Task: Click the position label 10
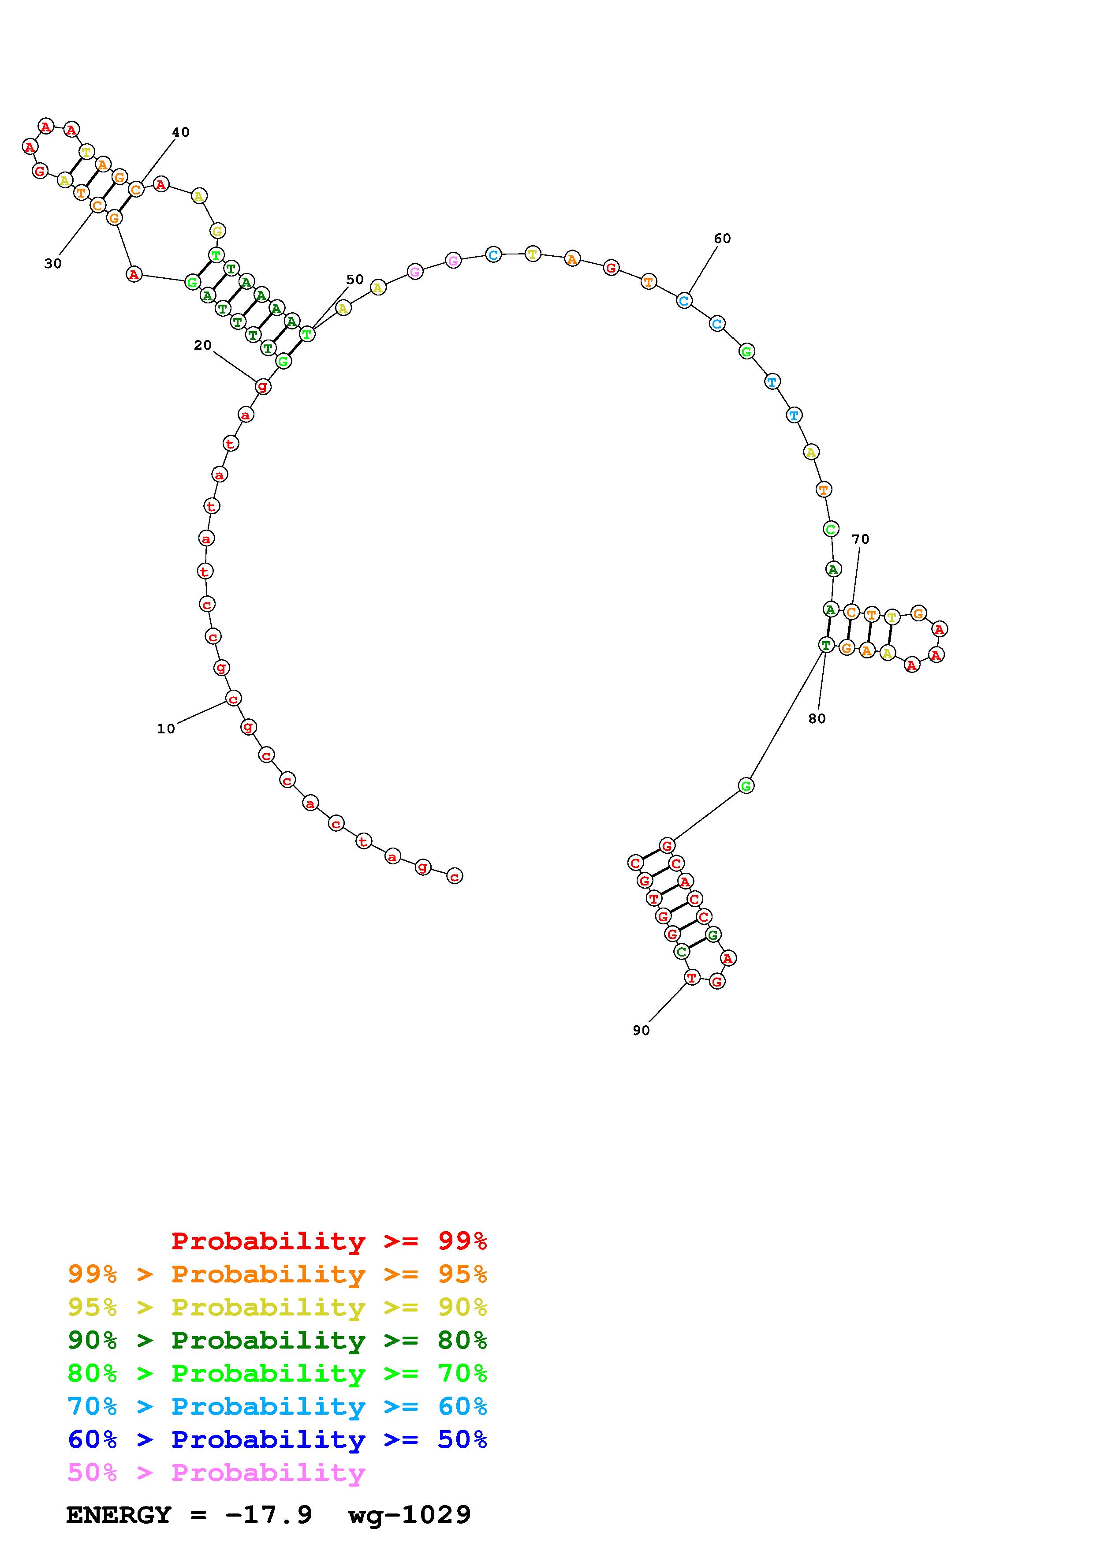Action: point(166,729)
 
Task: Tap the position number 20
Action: point(203,345)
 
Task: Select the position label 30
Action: point(53,263)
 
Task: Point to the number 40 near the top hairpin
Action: point(180,132)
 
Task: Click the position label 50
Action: point(355,279)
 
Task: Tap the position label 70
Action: point(861,539)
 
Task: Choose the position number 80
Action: point(817,718)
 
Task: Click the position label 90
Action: point(641,1030)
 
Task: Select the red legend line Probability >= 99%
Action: point(329,1241)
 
